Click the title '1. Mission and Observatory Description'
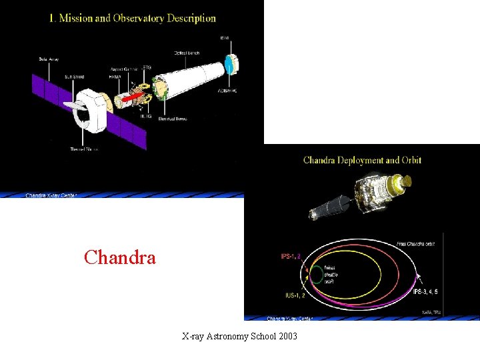(x=132, y=18)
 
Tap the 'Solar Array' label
(x=49, y=59)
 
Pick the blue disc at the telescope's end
(x=229, y=65)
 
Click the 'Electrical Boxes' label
(x=173, y=119)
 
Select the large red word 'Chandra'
(x=120, y=257)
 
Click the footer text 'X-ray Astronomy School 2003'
(x=239, y=336)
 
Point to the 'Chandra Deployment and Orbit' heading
(x=362, y=160)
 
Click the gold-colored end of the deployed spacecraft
(x=403, y=180)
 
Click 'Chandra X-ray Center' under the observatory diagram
(x=51, y=195)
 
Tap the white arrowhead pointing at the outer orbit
(x=418, y=276)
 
